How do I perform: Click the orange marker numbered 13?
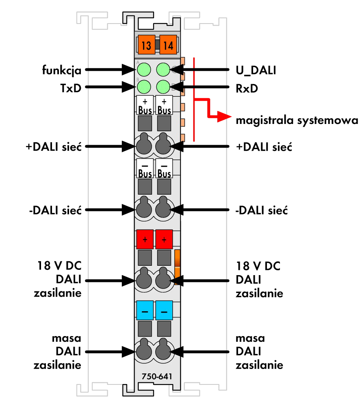pos(146,44)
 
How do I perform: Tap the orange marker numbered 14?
pos(168,44)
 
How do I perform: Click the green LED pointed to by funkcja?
pos(144,69)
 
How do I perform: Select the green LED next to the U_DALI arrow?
pos(163,69)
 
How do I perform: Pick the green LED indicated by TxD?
pos(144,87)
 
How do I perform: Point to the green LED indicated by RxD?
pos(163,87)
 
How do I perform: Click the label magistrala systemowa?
pos(297,120)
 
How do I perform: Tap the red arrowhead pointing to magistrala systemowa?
pos(224,117)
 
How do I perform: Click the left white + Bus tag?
pos(145,105)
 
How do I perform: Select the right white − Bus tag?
pos(164,168)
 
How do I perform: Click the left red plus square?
pos(145,239)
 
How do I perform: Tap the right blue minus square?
pos(164,310)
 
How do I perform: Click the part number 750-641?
pos(157,376)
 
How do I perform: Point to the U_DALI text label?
pos(256,71)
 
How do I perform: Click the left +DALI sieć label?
pos(54,147)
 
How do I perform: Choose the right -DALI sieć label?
pos(262,210)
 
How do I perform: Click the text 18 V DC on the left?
pos(59,266)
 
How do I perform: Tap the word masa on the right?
pos(250,338)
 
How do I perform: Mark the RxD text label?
pos(247,89)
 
